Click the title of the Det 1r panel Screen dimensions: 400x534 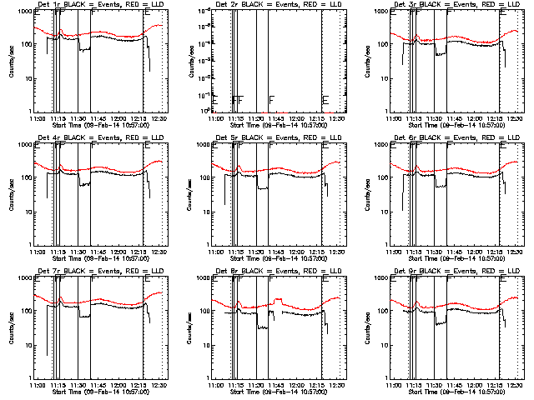coord(98,5)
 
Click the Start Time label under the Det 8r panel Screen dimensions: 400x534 coord(279,391)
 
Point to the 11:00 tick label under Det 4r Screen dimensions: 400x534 coord(37,252)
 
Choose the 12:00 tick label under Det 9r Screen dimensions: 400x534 coord(476,385)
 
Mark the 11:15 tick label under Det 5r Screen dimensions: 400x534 coord(237,252)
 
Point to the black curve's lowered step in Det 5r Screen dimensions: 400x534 coord(263,187)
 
